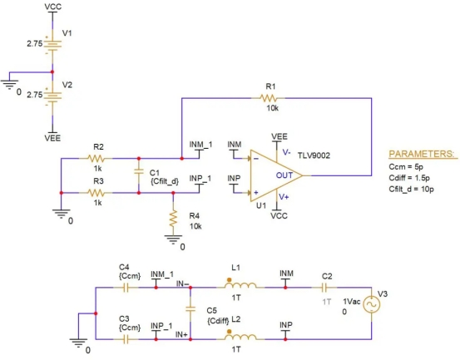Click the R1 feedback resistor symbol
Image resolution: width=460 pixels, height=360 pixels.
click(x=268, y=98)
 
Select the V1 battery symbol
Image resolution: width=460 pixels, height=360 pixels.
click(x=52, y=44)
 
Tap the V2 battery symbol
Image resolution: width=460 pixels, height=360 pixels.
click(x=52, y=96)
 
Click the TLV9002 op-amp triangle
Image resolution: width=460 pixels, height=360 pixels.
click(x=276, y=175)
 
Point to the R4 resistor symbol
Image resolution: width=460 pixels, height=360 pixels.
click(x=173, y=219)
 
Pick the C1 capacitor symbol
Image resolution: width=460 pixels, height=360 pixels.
click(x=139, y=171)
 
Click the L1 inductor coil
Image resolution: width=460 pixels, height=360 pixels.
click(x=240, y=284)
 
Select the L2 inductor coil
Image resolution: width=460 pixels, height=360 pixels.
click(x=240, y=337)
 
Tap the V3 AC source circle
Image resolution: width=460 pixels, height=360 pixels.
click(x=371, y=304)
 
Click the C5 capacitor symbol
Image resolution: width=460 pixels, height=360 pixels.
click(x=190, y=308)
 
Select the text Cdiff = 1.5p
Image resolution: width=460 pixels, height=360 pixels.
click(x=409, y=178)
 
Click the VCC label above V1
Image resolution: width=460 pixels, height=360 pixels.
click(x=52, y=7)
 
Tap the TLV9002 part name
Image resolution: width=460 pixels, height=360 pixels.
click(x=314, y=155)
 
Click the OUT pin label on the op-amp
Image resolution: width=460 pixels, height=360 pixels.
click(x=284, y=175)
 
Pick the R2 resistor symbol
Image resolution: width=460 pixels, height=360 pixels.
click(x=96, y=158)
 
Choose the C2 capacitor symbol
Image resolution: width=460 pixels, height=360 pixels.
click(x=324, y=288)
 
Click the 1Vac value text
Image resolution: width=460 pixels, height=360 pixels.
click(x=352, y=301)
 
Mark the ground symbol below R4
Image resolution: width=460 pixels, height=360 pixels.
click(x=173, y=239)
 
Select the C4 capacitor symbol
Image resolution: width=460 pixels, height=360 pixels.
click(x=126, y=288)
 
